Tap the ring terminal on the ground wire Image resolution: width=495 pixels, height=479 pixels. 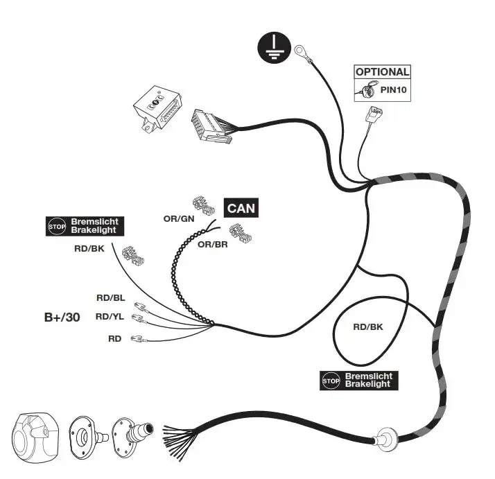(x=301, y=51)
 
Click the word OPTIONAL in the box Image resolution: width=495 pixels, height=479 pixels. (x=382, y=71)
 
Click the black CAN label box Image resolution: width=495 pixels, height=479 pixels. (x=240, y=207)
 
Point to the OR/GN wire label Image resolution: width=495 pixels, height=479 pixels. (x=178, y=219)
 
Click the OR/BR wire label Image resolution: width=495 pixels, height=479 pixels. (x=213, y=244)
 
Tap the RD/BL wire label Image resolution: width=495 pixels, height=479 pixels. (x=110, y=298)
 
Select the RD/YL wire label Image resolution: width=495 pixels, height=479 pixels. (x=110, y=317)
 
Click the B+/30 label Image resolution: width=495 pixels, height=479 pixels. (x=62, y=317)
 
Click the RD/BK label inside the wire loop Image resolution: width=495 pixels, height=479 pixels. (x=367, y=326)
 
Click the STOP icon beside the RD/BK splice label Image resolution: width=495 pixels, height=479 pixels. (x=55, y=226)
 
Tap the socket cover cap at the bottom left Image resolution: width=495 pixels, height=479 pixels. (x=35, y=435)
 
